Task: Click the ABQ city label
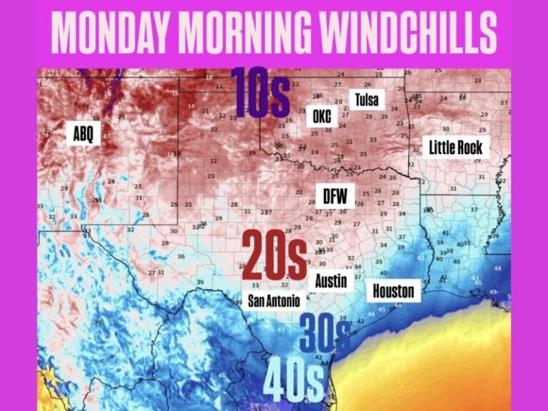coord(83,133)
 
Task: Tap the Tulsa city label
coord(366,98)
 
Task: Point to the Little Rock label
coord(456,148)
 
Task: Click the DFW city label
coord(334,195)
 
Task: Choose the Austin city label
coord(331,280)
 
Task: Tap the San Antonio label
coord(273,301)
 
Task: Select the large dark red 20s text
coord(274,256)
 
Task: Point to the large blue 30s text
coord(325,334)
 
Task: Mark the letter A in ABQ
coord(76,133)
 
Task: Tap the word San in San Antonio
coord(258,301)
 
